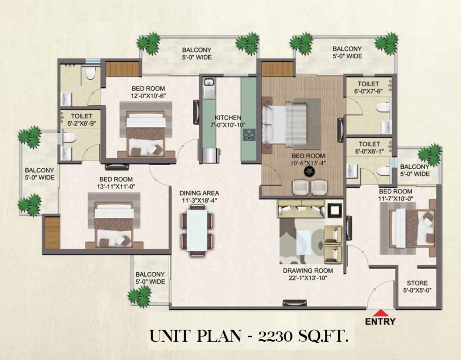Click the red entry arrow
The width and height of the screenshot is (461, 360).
(381, 312)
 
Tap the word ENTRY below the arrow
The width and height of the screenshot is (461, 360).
(380, 322)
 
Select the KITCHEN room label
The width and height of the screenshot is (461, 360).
(228, 118)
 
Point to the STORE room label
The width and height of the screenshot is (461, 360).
(417, 283)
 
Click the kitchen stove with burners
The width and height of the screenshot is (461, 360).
(249, 135)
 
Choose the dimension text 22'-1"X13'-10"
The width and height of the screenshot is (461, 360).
(308, 278)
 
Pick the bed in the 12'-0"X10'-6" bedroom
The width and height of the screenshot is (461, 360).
(145, 134)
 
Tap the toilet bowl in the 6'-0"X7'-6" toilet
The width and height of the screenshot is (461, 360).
(383, 106)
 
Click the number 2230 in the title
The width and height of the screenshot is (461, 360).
(275, 337)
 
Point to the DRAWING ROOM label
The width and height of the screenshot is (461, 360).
(308, 270)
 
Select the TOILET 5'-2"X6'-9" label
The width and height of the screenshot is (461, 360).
(82, 120)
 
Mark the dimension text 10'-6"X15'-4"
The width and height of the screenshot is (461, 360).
(308, 163)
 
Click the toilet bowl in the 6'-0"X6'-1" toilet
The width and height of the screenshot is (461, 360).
(383, 171)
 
